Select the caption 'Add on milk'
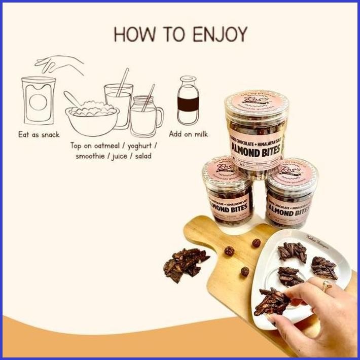(x=188, y=134)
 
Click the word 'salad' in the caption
(x=140, y=156)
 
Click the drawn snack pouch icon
(x=38, y=101)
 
